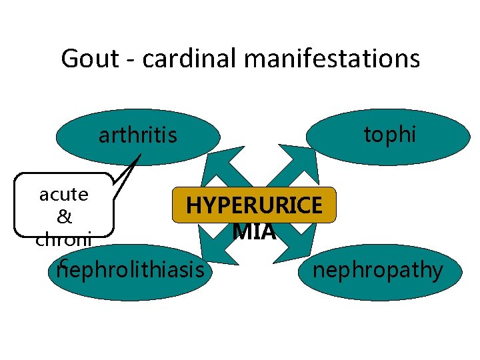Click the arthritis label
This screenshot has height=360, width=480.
click(138, 136)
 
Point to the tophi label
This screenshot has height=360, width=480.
click(389, 135)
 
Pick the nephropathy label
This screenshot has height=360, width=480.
click(378, 270)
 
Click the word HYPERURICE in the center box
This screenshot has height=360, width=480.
click(254, 205)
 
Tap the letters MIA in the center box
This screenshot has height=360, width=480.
click(254, 231)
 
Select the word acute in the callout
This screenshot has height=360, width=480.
click(64, 195)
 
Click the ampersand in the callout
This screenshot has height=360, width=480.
click(64, 217)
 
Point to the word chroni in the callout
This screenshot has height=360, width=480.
click(64, 239)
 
